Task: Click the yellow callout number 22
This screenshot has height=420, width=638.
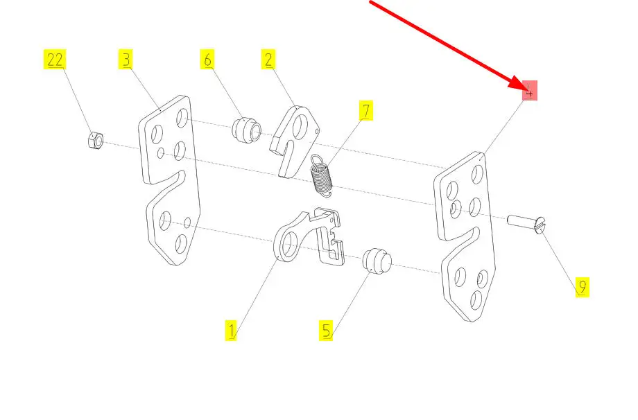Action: pos(55,60)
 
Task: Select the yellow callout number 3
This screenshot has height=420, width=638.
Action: pos(126,60)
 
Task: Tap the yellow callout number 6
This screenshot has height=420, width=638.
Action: pos(207,60)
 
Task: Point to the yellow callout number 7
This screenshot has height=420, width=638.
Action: pos(365,110)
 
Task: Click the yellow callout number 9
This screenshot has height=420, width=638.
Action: pos(583,287)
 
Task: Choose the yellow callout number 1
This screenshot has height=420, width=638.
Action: pos(231,330)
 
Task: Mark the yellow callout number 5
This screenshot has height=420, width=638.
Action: pos(327,330)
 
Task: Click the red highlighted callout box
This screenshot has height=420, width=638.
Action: pos(530,91)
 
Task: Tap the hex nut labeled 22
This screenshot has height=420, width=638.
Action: pos(94,141)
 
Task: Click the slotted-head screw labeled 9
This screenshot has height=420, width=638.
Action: pos(527,224)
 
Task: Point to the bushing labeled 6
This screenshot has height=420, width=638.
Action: pos(247,130)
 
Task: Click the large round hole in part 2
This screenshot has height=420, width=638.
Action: pos(301,125)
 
